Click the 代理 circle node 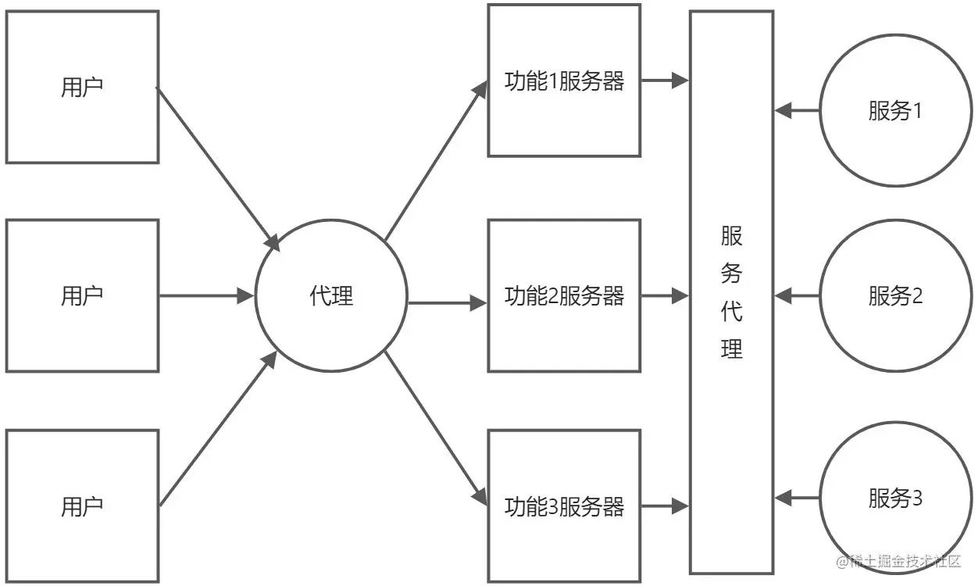click(331, 296)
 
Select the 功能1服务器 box click(564, 80)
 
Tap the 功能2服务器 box click(564, 295)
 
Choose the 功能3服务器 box click(564, 506)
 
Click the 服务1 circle click(895, 111)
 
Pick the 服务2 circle click(895, 295)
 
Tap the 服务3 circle click(895, 498)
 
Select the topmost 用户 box click(82, 87)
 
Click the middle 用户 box click(82, 295)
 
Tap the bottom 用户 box click(82, 506)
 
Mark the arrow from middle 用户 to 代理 click(206, 296)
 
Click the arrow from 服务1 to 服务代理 click(797, 111)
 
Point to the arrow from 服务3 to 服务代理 click(797, 498)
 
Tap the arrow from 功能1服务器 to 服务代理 click(665, 80)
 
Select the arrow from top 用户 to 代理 click(218, 168)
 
